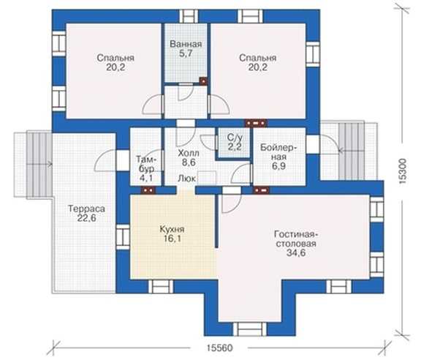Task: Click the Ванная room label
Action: (x=186, y=44)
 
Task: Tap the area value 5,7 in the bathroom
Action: (x=186, y=53)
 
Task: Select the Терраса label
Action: (x=86, y=209)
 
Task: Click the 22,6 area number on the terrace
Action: (x=86, y=218)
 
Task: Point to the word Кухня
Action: (x=172, y=229)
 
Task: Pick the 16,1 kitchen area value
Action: (x=172, y=239)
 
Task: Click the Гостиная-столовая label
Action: (x=296, y=239)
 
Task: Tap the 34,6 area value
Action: (x=296, y=252)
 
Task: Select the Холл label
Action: (x=189, y=153)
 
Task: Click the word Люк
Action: (x=187, y=179)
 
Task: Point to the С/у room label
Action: (x=235, y=138)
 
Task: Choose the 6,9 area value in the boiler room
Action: (x=278, y=166)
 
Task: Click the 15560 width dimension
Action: (x=219, y=348)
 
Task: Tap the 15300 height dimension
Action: (x=403, y=171)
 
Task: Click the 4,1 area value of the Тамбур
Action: (x=146, y=178)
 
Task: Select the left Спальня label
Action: (x=115, y=58)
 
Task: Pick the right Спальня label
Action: (x=258, y=58)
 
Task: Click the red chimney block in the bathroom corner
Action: (x=203, y=80)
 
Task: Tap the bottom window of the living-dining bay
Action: (x=250, y=329)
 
